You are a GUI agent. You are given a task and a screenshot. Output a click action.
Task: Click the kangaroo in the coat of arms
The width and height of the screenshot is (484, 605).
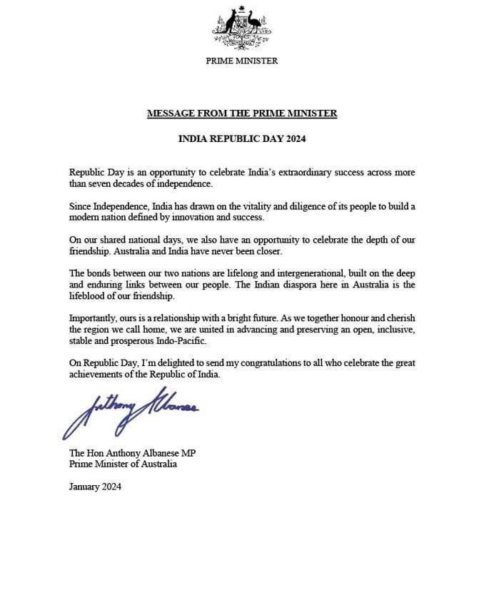click(230, 26)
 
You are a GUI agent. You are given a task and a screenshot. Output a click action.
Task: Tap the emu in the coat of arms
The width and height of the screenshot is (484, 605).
click(256, 26)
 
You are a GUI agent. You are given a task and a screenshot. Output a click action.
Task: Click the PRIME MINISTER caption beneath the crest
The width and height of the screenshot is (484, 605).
click(242, 61)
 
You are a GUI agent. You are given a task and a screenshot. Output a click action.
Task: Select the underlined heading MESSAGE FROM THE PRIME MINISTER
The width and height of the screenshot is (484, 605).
click(242, 113)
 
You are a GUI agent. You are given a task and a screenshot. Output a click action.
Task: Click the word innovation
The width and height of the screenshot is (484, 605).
click(202, 216)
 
